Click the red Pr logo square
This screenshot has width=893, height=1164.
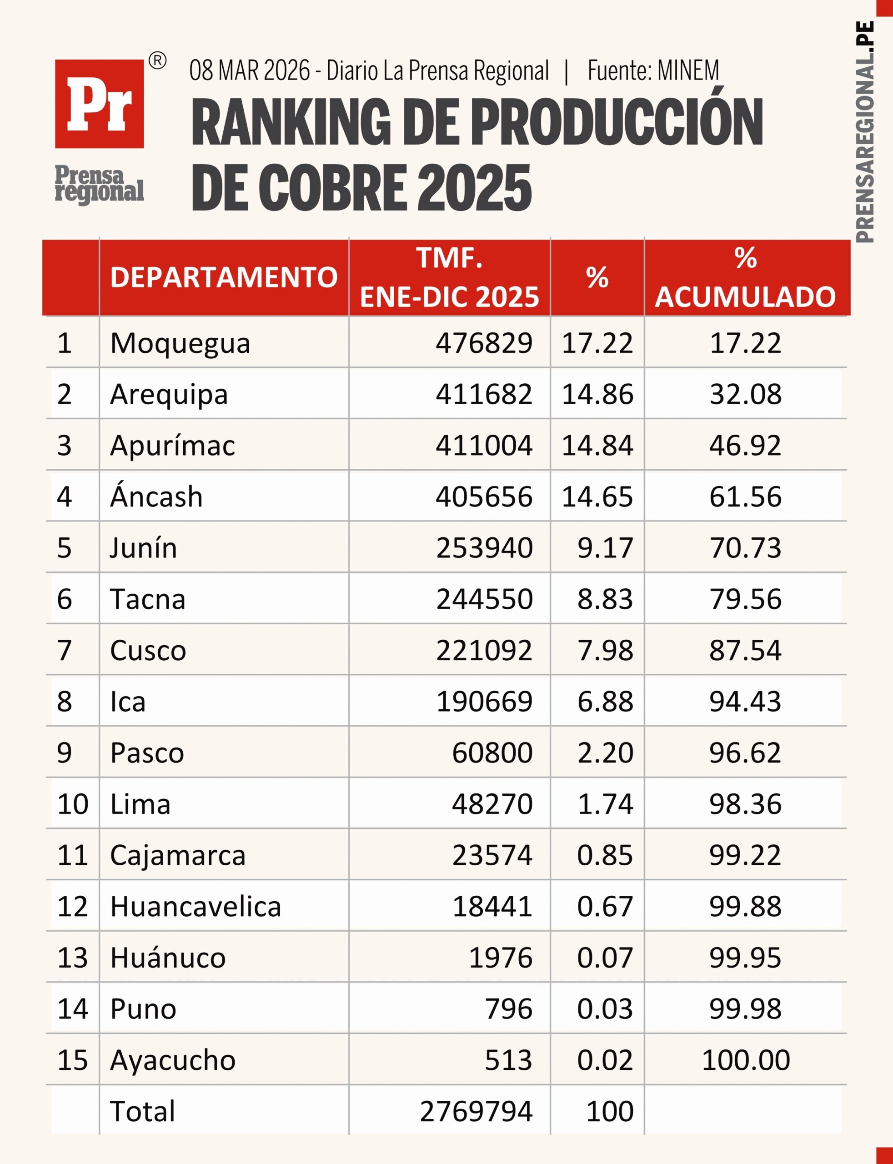(x=100, y=104)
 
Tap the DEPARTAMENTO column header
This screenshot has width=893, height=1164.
(x=224, y=277)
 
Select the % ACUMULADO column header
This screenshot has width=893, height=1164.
(x=745, y=277)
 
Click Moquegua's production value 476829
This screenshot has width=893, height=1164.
(x=484, y=343)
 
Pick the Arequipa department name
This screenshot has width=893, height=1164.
(x=169, y=394)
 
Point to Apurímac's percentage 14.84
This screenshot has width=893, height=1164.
(x=597, y=446)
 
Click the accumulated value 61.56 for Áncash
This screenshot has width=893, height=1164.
(x=745, y=497)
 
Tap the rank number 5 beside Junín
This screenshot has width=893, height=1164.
(x=64, y=548)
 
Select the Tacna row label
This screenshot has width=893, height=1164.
(x=148, y=599)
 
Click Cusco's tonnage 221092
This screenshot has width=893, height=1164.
(x=484, y=650)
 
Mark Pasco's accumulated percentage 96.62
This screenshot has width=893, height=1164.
(x=745, y=753)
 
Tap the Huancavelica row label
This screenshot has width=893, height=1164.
(x=196, y=907)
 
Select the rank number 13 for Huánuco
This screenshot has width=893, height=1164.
(x=72, y=958)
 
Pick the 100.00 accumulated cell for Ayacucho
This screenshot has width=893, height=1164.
(x=745, y=1060)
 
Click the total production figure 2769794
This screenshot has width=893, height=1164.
(x=476, y=1111)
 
